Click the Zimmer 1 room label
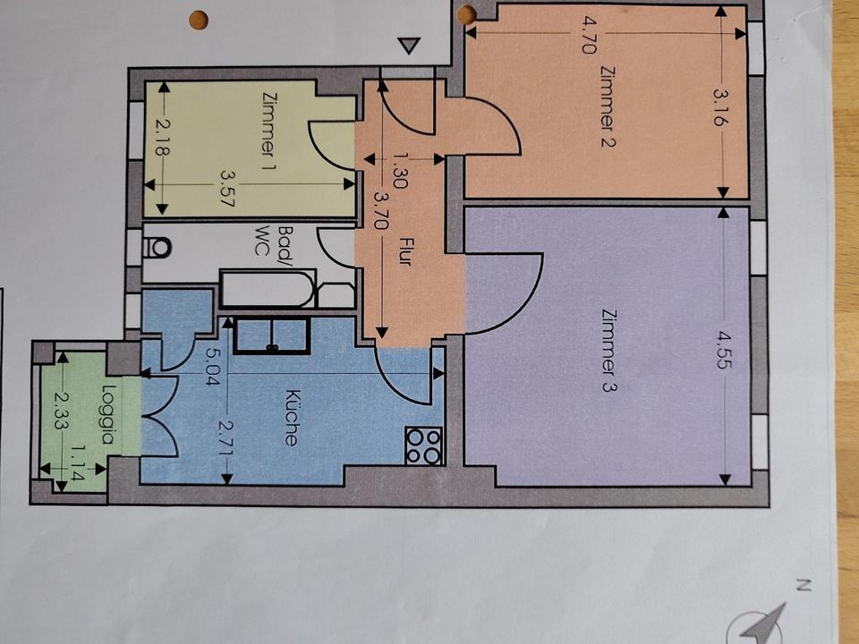click(x=268, y=131)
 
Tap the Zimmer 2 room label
click(x=608, y=106)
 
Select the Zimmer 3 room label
click(x=608, y=351)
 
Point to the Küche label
click(x=293, y=418)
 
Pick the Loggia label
click(x=109, y=414)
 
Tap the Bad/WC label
click(x=272, y=241)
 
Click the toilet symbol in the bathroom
click(x=157, y=248)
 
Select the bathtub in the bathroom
click(x=268, y=289)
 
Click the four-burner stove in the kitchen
click(x=424, y=445)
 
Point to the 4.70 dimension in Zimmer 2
click(x=587, y=35)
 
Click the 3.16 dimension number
click(x=722, y=108)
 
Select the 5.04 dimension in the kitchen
click(x=212, y=368)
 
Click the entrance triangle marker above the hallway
click(x=409, y=46)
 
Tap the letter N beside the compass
click(x=803, y=586)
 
